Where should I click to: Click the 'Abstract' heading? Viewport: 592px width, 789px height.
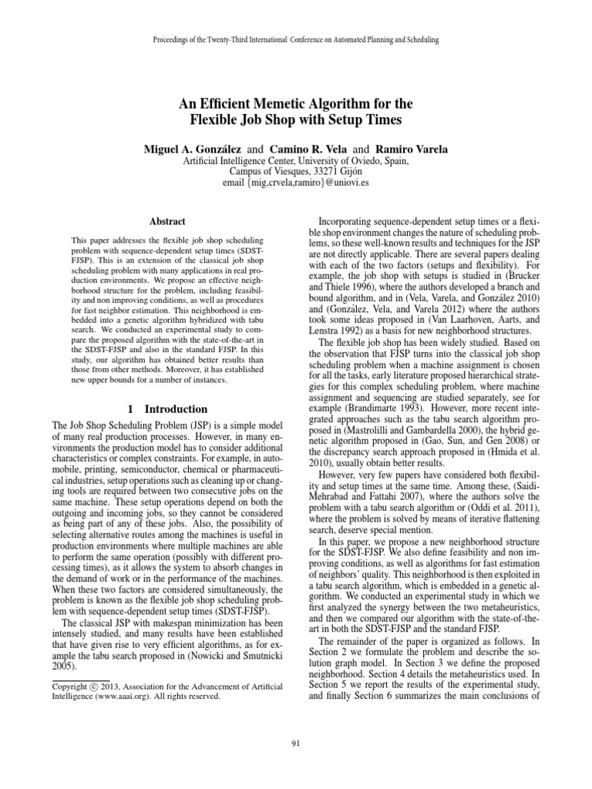[168, 220]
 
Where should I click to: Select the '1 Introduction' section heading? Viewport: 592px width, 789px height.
[168, 409]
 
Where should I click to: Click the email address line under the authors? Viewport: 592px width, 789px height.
[296, 183]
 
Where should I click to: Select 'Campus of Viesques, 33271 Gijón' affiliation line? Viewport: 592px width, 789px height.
[296, 171]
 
